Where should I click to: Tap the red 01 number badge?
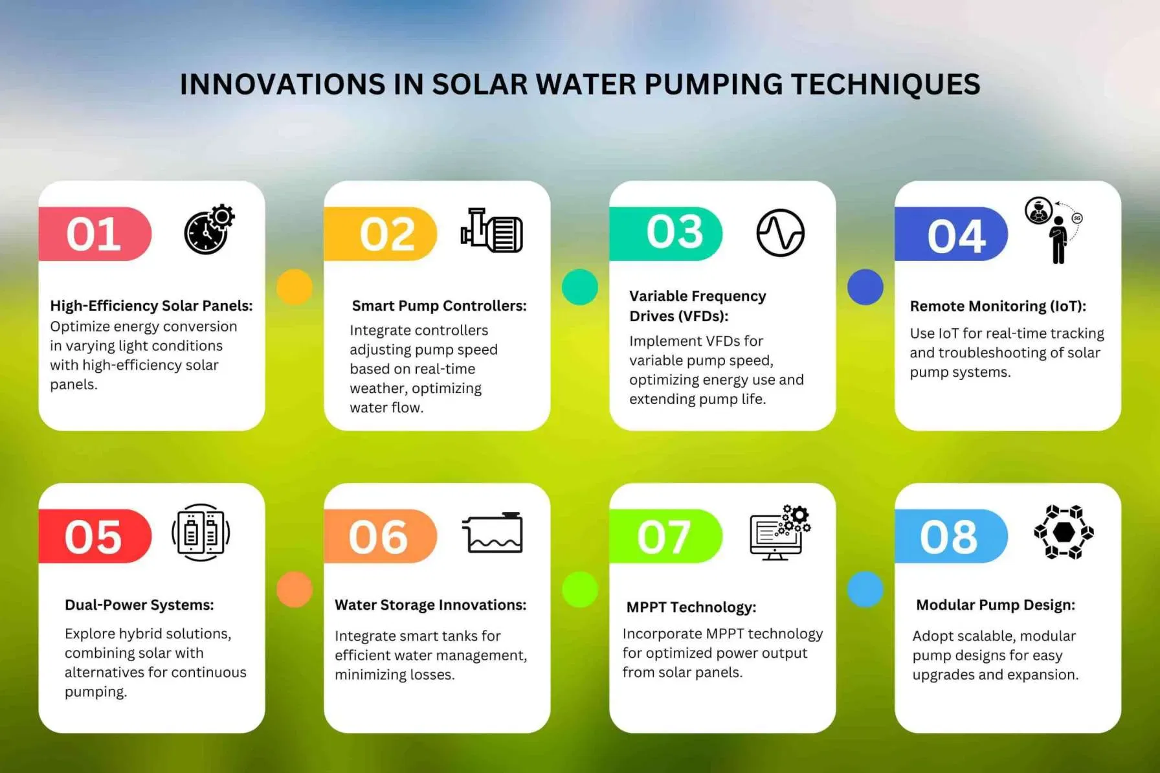tap(95, 234)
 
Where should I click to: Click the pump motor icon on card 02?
tap(492, 231)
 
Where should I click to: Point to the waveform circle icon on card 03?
tap(780, 232)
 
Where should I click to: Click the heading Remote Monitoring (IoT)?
tap(998, 306)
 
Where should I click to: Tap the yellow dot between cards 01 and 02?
tap(295, 287)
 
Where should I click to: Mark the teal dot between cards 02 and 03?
tap(580, 287)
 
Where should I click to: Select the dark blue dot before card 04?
tap(865, 287)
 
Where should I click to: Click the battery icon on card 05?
tap(201, 533)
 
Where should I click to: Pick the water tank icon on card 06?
tap(493, 533)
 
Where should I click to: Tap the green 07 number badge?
tap(665, 536)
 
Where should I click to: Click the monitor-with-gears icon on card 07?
tap(779, 533)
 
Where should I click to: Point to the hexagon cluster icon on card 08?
tap(1064, 532)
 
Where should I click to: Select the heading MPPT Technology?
tap(691, 607)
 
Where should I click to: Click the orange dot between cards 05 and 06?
tap(295, 589)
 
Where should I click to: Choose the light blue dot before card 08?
tap(865, 589)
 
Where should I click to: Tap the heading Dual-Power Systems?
tap(139, 605)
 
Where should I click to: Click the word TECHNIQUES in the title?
tap(886, 85)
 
